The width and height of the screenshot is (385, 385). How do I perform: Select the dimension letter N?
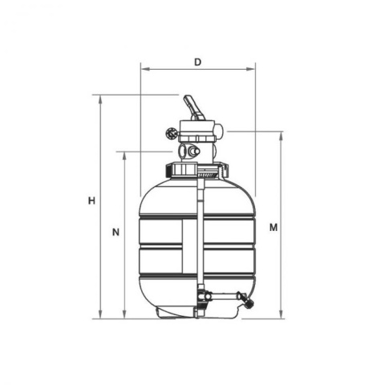click(x=115, y=232)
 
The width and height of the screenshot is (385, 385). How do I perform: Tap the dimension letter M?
click(x=274, y=227)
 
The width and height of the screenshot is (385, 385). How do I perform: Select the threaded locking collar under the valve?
click(x=197, y=170)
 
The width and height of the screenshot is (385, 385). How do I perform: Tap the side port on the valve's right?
click(x=217, y=131)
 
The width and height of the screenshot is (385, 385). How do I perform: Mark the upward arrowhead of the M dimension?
click(x=282, y=135)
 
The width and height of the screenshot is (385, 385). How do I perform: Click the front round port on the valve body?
click(x=193, y=151)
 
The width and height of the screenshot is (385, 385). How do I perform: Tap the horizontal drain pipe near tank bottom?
click(x=229, y=299)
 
